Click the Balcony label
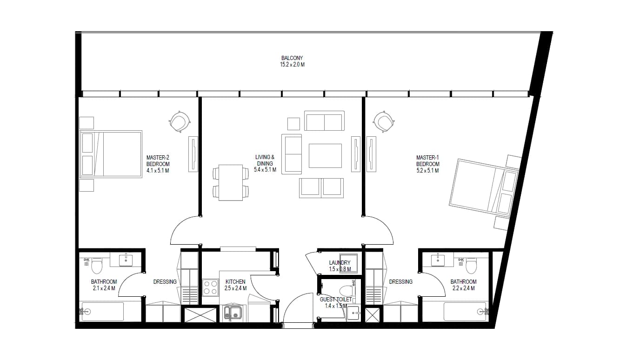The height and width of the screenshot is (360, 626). tap(292, 58)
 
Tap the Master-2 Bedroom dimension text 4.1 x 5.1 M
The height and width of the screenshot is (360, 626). tap(158, 171)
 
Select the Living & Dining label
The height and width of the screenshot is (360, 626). tap(265, 160)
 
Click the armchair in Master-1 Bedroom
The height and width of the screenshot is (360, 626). tap(384, 121)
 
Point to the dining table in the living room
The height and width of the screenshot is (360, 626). tap(231, 182)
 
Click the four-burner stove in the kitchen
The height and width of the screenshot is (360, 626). tap(210, 287)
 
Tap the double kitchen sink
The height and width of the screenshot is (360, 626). tap(233, 313)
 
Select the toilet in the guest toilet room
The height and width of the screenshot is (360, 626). tap(348, 291)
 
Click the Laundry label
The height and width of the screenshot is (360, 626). tap(340, 262)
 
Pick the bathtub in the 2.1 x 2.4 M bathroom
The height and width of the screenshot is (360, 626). tap(102, 311)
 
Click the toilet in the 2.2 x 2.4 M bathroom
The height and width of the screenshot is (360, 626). tap(471, 266)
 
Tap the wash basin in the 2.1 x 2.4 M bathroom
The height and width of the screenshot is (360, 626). tap(126, 260)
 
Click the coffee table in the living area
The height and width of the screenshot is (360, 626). tap(325, 156)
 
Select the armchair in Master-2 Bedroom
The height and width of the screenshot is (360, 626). tap(180, 121)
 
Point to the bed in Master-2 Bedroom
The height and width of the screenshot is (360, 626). tap(111, 154)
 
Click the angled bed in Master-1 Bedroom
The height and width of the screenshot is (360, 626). tap(484, 188)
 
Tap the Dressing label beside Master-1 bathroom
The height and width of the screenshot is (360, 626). tap(400, 282)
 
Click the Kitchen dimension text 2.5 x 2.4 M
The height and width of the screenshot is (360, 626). tap(235, 288)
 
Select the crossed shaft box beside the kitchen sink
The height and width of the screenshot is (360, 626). tap(200, 315)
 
